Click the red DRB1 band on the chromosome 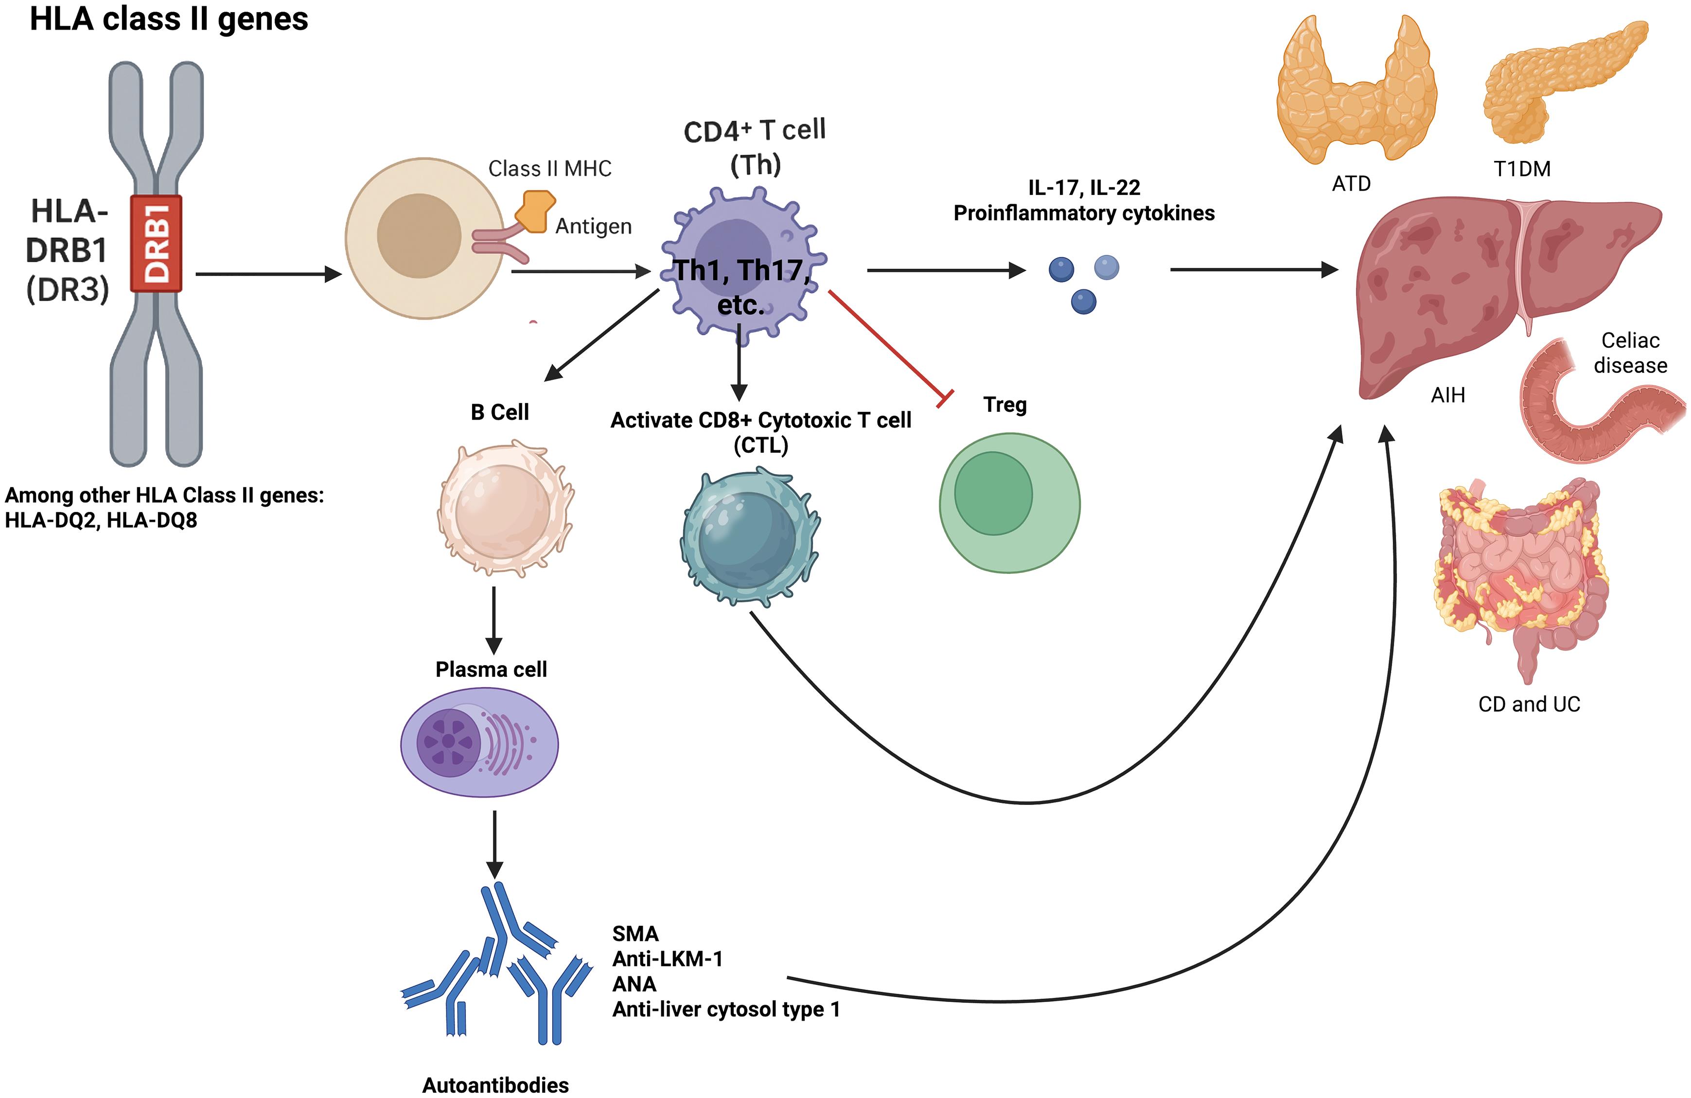tap(156, 243)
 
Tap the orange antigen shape tap(534, 211)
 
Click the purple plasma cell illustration tap(479, 744)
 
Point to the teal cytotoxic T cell tap(750, 536)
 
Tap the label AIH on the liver tap(1447, 395)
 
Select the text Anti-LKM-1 tap(667, 959)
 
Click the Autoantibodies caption tap(495, 1085)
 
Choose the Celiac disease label tap(1630, 353)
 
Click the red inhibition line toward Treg tap(888, 346)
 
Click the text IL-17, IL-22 tap(1084, 188)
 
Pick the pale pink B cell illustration tap(505, 508)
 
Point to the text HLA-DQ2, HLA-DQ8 tap(101, 520)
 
